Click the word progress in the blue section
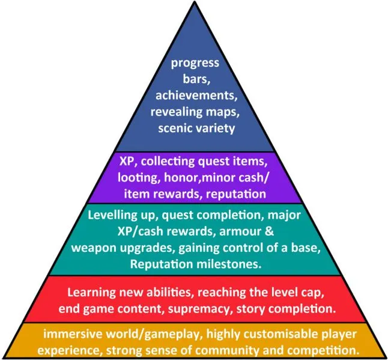[195, 63]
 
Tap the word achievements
[196, 96]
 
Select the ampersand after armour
[270, 231]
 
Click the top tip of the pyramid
[195, 1]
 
